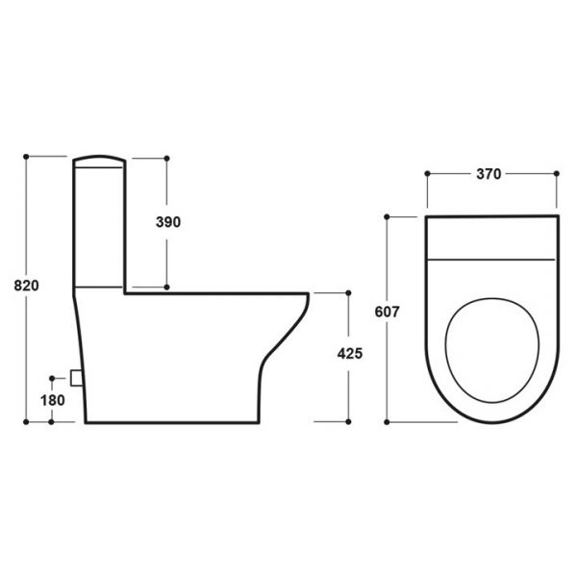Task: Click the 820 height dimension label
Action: click(26, 286)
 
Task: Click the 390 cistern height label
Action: click(168, 221)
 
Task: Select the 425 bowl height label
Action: click(349, 353)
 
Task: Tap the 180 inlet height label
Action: click(52, 399)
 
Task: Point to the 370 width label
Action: click(489, 174)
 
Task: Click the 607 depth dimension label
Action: click(387, 312)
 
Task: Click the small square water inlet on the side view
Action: click(79, 378)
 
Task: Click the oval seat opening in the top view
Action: click(490, 347)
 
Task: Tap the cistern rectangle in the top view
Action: click(490, 238)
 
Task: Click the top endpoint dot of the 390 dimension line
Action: click(168, 156)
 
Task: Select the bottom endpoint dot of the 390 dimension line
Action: click(168, 287)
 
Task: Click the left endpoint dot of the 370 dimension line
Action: click(426, 174)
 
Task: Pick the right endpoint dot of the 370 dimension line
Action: click(557, 174)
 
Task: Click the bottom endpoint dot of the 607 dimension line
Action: click(387, 421)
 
